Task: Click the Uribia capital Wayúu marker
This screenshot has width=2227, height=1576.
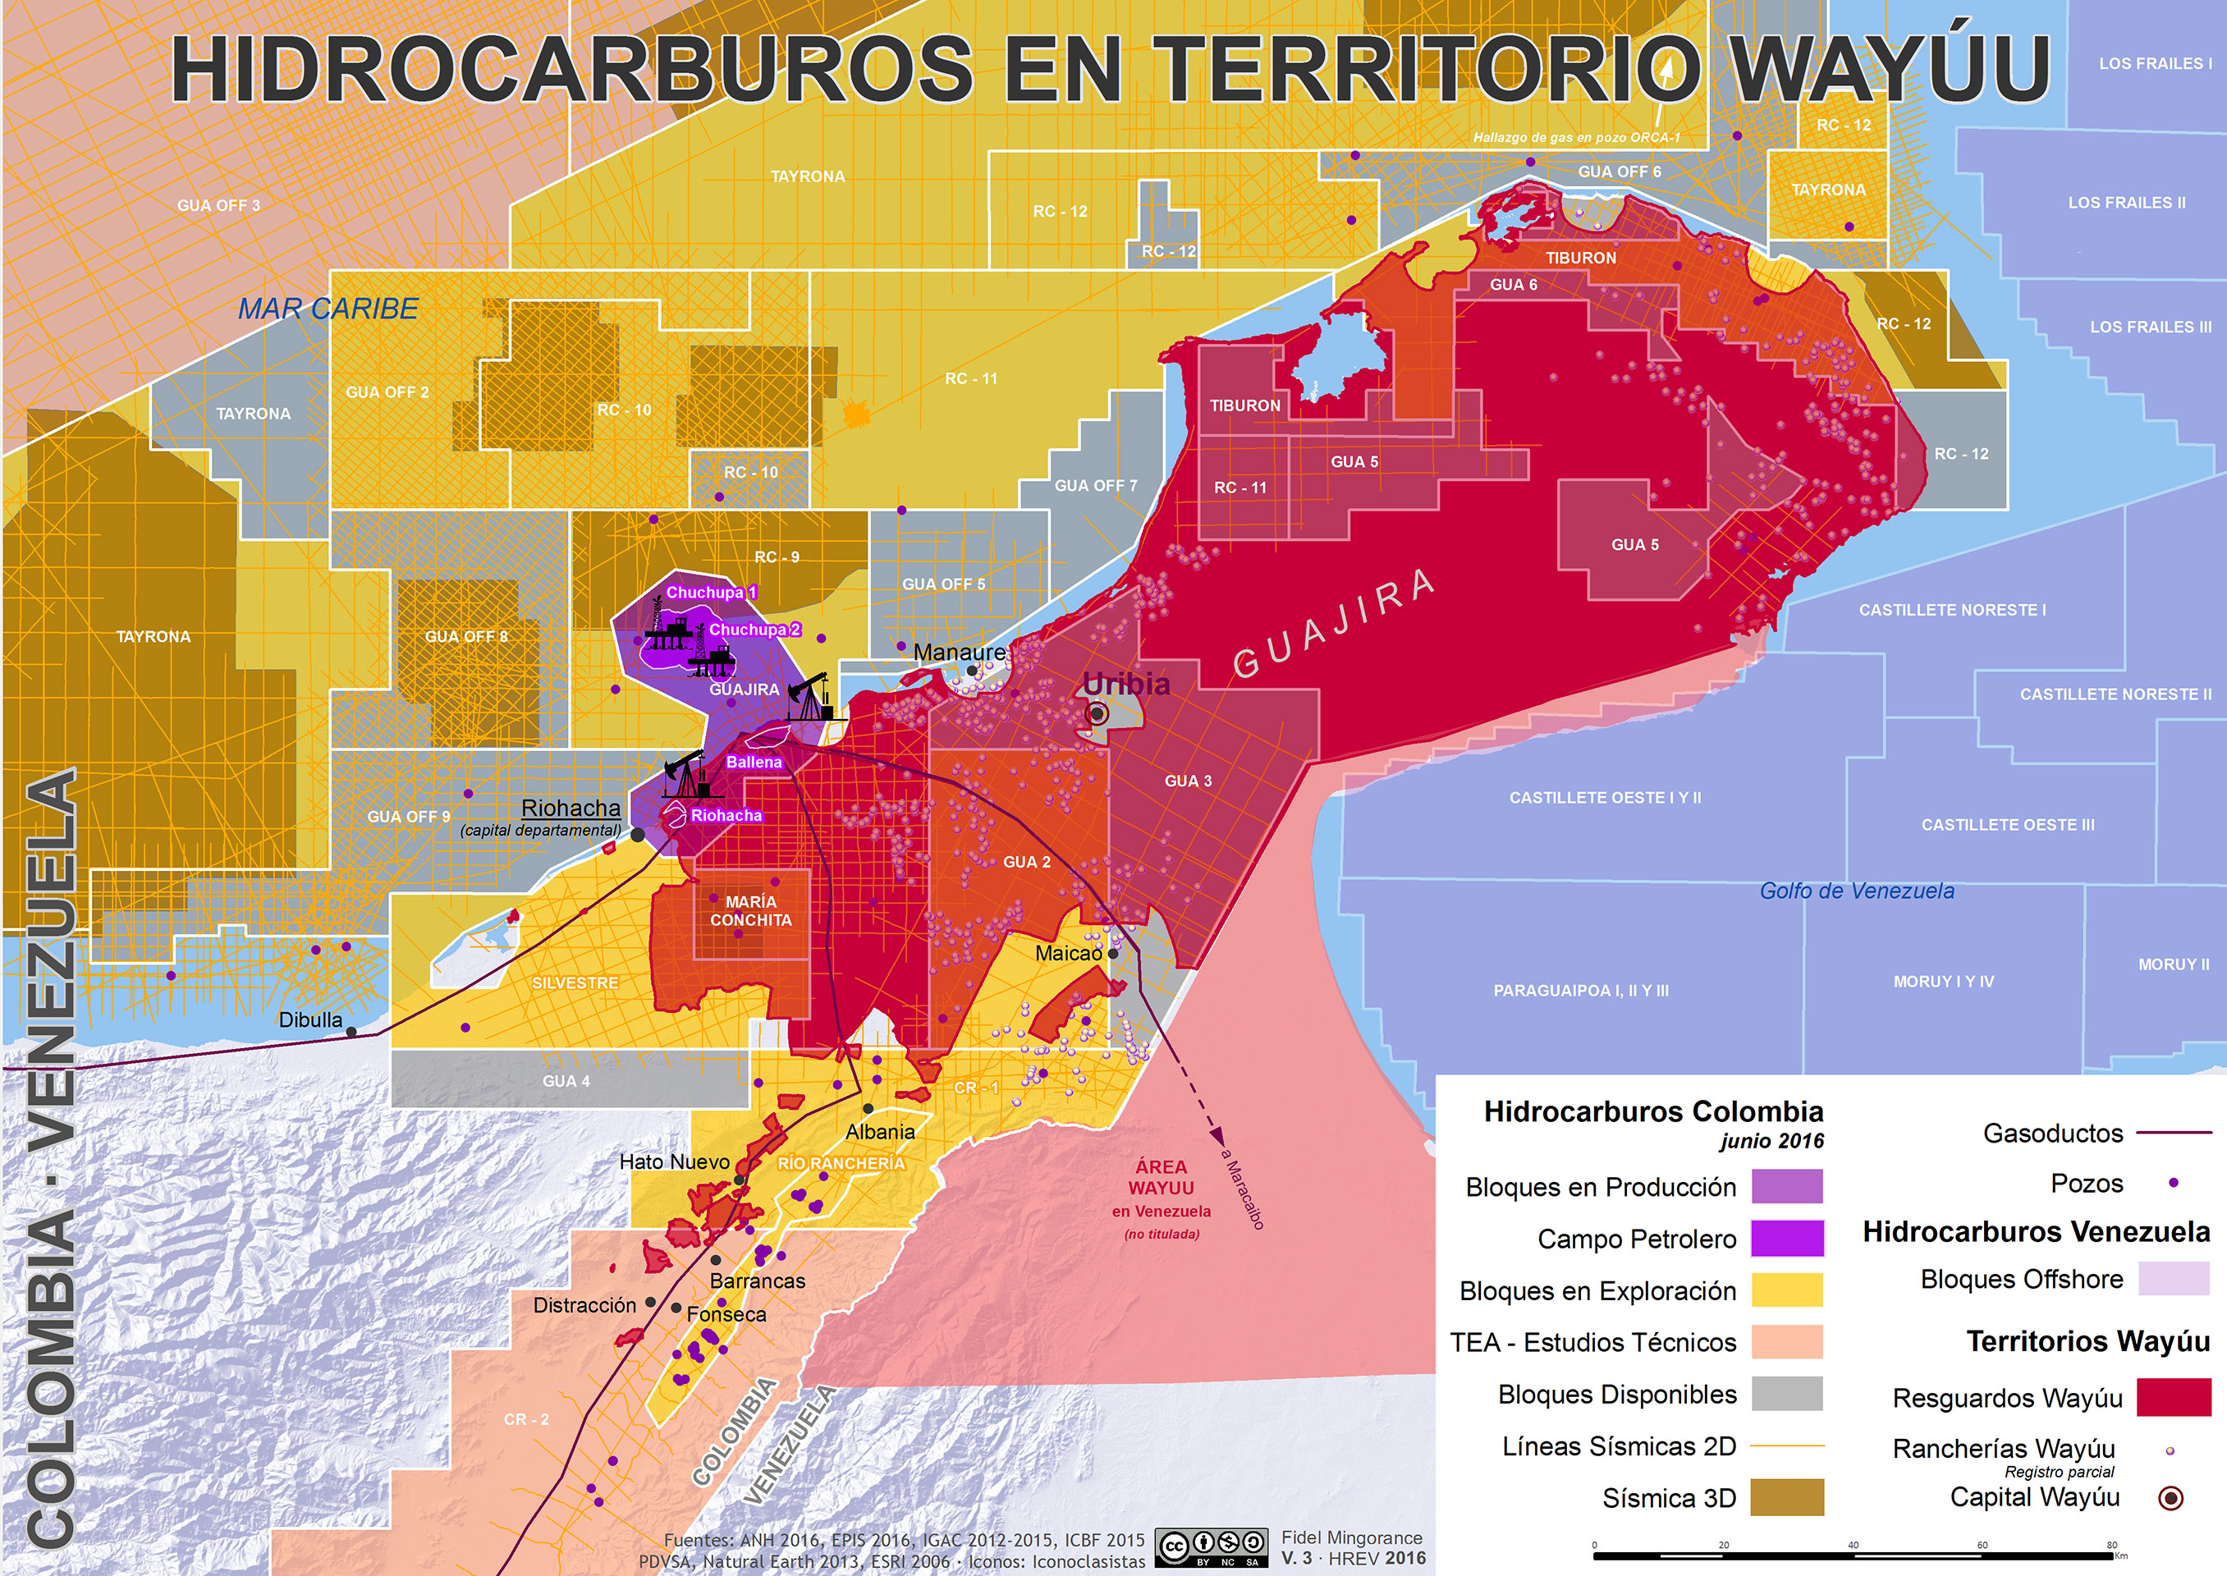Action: tap(1097, 713)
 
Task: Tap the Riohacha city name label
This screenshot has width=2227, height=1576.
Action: tap(570, 808)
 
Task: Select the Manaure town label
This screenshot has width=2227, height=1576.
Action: tap(959, 652)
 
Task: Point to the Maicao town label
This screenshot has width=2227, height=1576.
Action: tap(1069, 953)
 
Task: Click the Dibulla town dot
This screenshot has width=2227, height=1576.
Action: tap(351, 1032)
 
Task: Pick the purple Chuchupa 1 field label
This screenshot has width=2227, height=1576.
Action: tap(710, 592)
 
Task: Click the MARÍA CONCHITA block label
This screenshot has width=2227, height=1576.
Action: tap(750, 910)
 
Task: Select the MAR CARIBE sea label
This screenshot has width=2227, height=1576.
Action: tap(328, 309)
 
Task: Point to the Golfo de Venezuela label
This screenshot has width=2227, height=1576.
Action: tap(1856, 891)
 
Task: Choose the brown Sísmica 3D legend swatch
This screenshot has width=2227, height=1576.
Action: tap(1786, 1497)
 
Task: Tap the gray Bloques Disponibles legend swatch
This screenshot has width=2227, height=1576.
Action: tap(1786, 1394)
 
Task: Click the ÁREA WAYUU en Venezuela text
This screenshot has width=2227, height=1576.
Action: tap(1162, 1189)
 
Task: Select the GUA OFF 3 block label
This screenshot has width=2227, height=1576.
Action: tap(218, 204)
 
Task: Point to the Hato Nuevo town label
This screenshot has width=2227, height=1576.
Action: tap(675, 1161)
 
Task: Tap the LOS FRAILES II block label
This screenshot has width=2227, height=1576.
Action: tap(2126, 203)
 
